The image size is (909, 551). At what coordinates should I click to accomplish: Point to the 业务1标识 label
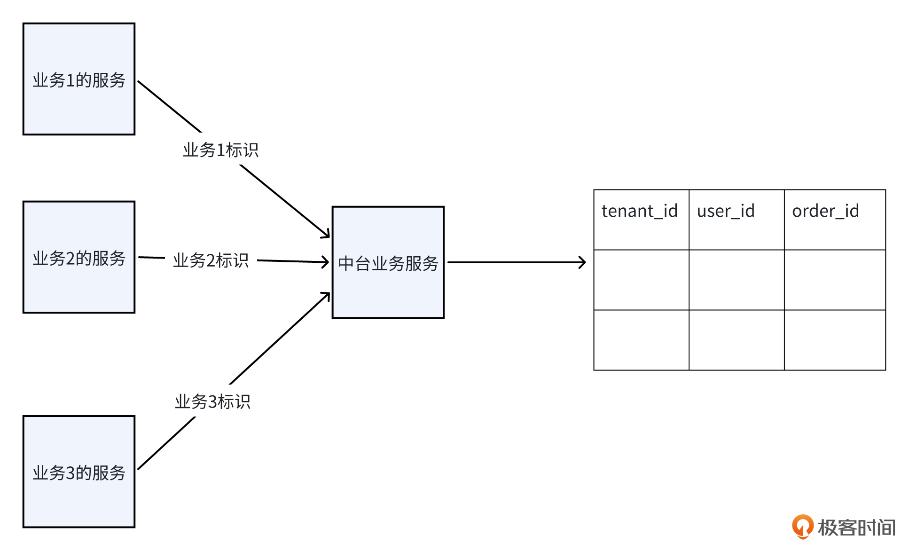220,150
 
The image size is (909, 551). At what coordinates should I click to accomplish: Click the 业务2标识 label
211,260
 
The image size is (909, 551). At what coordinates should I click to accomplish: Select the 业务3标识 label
212,401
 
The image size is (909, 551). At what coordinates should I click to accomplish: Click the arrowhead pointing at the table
583,262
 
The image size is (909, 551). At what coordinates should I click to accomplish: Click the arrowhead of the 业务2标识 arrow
325,262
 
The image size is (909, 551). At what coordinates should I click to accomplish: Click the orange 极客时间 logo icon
802,526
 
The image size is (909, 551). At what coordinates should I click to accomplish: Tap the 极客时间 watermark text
856,527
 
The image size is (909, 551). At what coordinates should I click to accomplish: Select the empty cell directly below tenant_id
641,280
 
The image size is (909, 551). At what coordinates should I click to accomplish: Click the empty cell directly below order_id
835,280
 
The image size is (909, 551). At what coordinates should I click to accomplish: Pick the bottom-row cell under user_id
736,340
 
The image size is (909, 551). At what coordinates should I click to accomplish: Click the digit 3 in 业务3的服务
70,472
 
